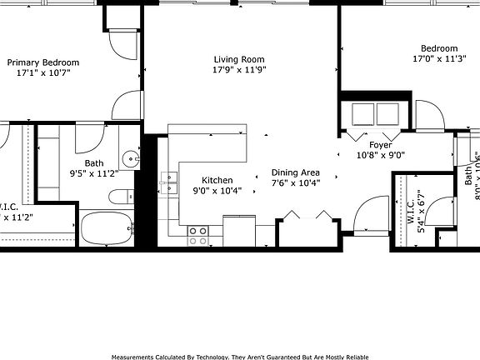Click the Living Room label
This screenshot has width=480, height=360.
point(239,59)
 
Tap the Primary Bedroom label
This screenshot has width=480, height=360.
point(43,62)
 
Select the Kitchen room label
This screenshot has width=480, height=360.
point(217,180)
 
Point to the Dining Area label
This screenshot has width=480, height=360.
point(296,172)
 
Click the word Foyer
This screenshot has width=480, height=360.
point(381,144)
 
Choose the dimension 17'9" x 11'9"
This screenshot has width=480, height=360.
point(239,70)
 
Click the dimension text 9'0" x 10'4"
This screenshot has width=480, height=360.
point(217,191)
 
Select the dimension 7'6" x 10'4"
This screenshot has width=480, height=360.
point(296,183)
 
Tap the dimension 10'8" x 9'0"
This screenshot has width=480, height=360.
point(381,155)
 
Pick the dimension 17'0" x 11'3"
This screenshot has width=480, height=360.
point(438,59)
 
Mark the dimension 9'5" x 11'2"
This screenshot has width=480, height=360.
point(94,173)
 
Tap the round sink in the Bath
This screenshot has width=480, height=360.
point(130,158)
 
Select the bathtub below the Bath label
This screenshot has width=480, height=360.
point(107,227)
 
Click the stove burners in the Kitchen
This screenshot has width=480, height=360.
point(197,235)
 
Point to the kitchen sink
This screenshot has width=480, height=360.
point(171,182)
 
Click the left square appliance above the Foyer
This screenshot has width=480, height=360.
point(364,113)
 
